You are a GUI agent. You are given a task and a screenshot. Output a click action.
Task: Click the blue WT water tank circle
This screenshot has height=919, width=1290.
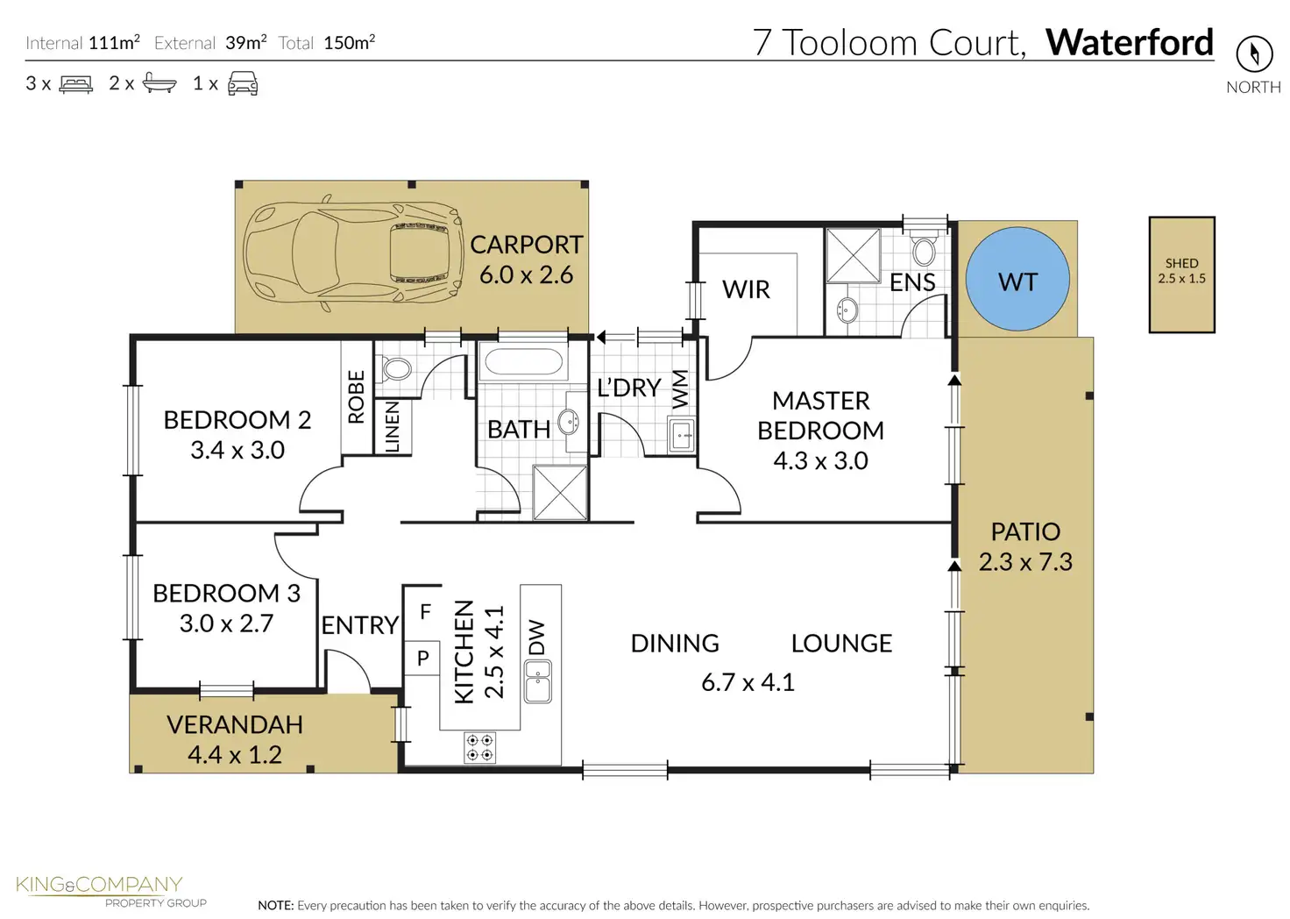click(x=1017, y=279)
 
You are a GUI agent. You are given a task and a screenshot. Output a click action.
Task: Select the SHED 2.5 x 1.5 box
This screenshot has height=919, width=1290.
click(x=1181, y=274)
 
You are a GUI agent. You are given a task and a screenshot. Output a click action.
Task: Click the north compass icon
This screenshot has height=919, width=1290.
click(x=1254, y=54)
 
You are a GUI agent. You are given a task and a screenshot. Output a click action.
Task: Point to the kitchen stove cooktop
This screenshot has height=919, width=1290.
click(x=479, y=747)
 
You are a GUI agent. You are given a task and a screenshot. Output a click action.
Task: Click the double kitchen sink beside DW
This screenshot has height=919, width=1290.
click(x=538, y=681)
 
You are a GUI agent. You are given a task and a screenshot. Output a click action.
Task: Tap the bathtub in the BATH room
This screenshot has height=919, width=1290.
click(x=523, y=362)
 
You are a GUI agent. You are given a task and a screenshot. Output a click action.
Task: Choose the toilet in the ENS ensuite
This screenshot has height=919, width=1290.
click(x=924, y=248)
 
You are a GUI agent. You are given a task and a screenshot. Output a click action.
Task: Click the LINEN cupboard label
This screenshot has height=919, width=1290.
click(x=392, y=427)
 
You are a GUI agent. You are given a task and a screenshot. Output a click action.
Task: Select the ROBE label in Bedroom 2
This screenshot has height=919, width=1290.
click(x=357, y=396)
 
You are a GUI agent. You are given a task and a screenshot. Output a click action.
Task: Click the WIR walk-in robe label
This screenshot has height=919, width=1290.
click(x=746, y=289)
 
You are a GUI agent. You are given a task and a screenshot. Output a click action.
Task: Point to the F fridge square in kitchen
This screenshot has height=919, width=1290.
click(x=424, y=612)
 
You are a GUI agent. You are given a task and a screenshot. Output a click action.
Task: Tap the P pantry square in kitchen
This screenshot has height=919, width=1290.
click(x=422, y=658)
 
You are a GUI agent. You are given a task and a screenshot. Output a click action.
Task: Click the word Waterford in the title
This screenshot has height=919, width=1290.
click(x=1130, y=42)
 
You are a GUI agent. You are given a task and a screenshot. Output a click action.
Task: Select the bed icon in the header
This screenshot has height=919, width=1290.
click(x=76, y=84)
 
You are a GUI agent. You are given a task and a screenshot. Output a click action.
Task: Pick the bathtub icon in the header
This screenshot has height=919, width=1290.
click(x=159, y=83)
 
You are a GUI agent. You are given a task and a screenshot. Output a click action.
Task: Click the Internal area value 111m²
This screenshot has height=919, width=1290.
click(x=114, y=43)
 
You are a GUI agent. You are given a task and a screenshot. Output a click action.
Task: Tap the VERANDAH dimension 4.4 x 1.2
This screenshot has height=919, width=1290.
click(x=235, y=755)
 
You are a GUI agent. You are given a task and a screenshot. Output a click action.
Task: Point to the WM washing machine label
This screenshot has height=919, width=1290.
click(x=680, y=389)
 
